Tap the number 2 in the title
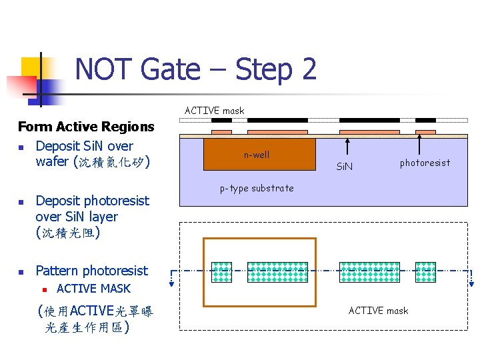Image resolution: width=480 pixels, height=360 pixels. [x=307, y=69]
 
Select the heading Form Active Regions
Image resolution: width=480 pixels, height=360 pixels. [x=86, y=127]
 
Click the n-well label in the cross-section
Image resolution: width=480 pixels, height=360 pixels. [x=257, y=155]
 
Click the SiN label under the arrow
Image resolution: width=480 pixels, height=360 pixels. [x=345, y=165]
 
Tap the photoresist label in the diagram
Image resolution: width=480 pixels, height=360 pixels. [x=425, y=162]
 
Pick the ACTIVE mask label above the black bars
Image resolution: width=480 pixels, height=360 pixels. [x=215, y=111]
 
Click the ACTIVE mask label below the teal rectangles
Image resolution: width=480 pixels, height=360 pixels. [x=378, y=310]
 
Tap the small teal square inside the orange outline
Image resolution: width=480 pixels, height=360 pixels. [x=221, y=272]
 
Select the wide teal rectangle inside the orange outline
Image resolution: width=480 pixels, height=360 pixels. [x=277, y=272]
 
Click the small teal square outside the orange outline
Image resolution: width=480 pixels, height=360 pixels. [x=425, y=272]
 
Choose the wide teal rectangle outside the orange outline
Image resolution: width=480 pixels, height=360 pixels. [x=370, y=272]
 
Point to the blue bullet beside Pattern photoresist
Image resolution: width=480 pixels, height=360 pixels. [x=22, y=271]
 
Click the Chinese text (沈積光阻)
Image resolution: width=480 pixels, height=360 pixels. [x=67, y=233]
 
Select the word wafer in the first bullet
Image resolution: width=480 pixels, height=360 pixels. [x=52, y=162]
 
